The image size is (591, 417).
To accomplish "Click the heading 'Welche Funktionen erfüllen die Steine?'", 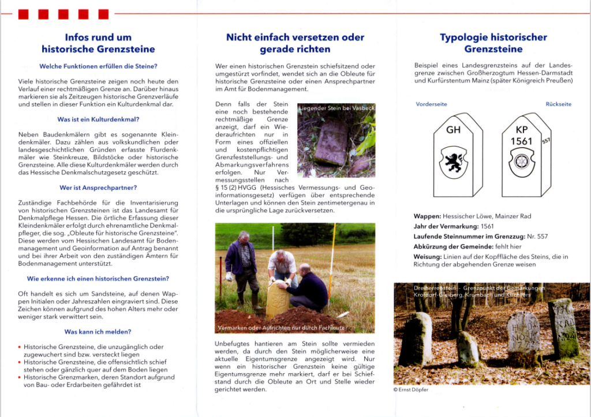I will tap(98, 66).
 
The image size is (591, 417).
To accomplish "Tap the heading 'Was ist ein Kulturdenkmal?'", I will tap(98, 119).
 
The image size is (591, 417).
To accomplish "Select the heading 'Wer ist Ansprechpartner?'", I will tap(98, 187).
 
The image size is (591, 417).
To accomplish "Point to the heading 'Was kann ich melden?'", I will tap(98, 332).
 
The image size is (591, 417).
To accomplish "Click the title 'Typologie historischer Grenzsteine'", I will tap(493, 43).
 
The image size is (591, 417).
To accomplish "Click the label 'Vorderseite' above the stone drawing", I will tap(431, 104).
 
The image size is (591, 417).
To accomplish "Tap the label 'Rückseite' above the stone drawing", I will tap(559, 104).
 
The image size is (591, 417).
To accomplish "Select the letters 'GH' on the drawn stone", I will tap(454, 130).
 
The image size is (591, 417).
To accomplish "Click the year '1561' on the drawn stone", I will tap(521, 141).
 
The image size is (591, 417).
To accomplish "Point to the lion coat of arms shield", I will tap(453, 160).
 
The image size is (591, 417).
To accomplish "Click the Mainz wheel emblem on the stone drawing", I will tap(521, 161).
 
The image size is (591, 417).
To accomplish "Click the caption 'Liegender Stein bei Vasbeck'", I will tap(336, 108).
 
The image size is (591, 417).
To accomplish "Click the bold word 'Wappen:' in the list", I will tap(428, 216).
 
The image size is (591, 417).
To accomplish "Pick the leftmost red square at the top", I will tap(24, 14).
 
